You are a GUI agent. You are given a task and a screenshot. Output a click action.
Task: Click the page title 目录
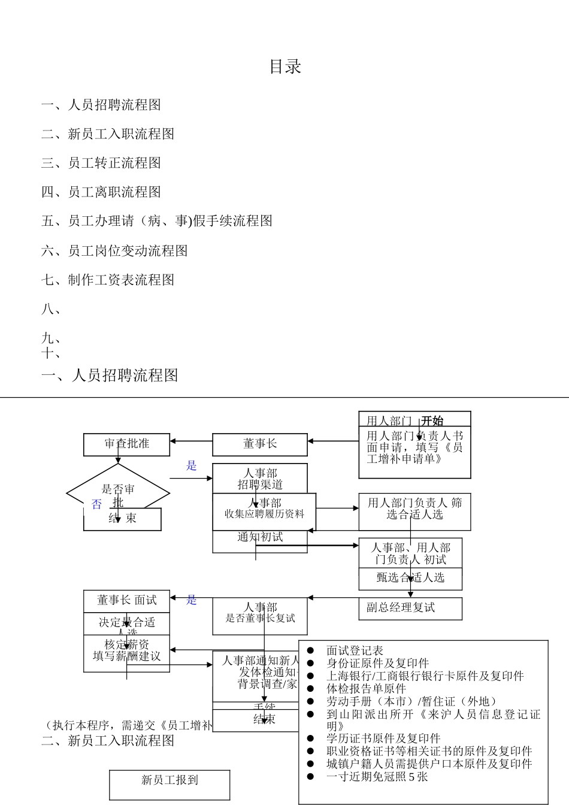point(285,66)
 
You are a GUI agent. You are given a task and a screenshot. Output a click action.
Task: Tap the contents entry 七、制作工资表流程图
point(108,280)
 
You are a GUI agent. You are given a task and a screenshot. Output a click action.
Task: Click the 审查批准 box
point(126,444)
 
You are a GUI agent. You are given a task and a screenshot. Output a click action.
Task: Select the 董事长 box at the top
point(259,444)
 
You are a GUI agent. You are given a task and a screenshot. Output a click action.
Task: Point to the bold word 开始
point(432,420)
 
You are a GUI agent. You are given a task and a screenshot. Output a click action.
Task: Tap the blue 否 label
point(96,504)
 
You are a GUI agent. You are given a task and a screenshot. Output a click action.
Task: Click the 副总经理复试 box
point(410,608)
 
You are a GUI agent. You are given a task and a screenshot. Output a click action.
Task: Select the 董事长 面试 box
point(126,600)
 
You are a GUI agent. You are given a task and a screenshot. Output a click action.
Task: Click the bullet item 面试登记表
point(355,650)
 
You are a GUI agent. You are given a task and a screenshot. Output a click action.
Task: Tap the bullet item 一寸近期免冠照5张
point(377,777)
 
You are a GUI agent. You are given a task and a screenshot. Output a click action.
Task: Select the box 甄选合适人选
point(410,578)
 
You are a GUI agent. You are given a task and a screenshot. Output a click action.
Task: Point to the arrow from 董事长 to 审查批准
point(191,441)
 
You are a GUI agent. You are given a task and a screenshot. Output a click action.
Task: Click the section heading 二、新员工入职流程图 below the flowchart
point(108,741)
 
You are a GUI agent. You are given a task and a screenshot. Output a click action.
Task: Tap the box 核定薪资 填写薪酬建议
point(126,650)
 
